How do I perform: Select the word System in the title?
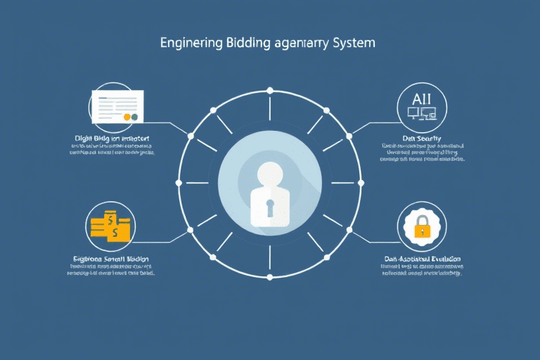click(x=351, y=44)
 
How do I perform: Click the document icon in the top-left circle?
click(x=117, y=106)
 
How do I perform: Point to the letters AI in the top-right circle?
click(x=418, y=98)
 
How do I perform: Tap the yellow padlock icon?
click(x=422, y=227)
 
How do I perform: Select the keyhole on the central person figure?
click(x=269, y=206)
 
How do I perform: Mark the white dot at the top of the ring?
click(x=269, y=90)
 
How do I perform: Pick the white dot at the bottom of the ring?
click(x=269, y=277)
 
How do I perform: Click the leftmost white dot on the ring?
click(x=178, y=183)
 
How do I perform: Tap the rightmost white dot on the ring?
click(x=361, y=183)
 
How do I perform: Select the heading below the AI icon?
click(x=417, y=139)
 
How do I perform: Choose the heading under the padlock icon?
click(x=420, y=259)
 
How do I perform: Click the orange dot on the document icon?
click(x=127, y=117)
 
